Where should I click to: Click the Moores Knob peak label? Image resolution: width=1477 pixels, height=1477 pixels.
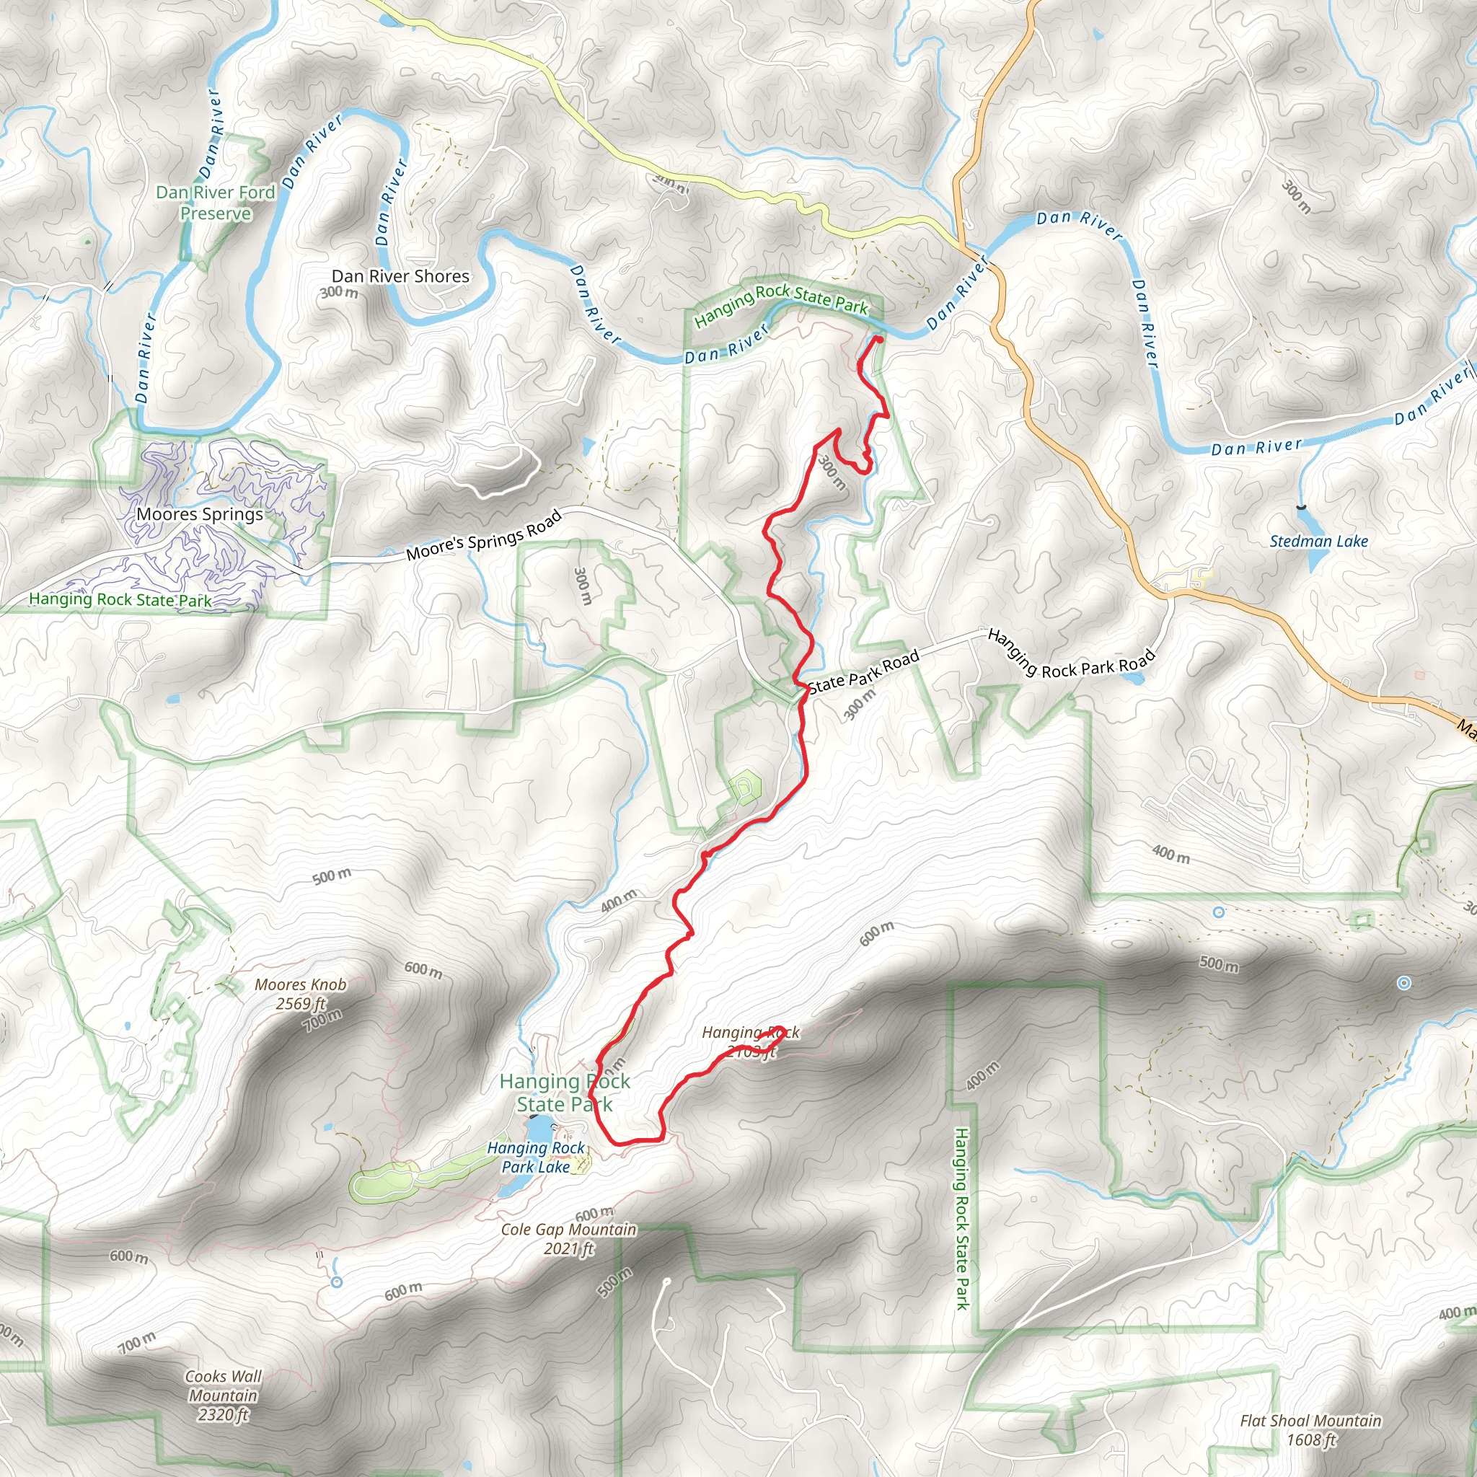pyautogui.click(x=301, y=984)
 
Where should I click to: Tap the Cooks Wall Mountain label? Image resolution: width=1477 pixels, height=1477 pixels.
pyautogui.click(x=224, y=1396)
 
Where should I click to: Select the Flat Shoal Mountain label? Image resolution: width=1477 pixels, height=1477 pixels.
pyautogui.click(x=1310, y=1421)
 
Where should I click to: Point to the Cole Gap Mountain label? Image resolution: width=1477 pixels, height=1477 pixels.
pyautogui.click(x=568, y=1230)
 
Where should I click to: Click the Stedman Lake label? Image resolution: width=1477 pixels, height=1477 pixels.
pyautogui.click(x=1319, y=542)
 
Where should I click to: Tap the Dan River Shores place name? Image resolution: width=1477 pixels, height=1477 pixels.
pyautogui.click(x=400, y=276)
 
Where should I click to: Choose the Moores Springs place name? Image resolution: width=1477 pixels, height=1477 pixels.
pyautogui.click(x=200, y=514)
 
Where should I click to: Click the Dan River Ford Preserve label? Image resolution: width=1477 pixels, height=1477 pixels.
pyautogui.click(x=216, y=203)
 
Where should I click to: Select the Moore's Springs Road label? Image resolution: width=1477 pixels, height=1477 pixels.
pyautogui.click(x=484, y=535)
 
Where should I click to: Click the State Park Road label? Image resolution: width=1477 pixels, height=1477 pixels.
pyautogui.click(x=863, y=672)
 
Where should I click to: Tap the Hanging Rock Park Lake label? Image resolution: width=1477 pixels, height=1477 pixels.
pyautogui.click(x=535, y=1157)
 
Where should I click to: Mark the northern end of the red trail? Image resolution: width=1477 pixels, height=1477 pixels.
pyautogui.click(x=878, y=339)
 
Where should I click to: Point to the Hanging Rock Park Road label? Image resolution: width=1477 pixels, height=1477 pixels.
pyautogui.click(x=1070, y=654)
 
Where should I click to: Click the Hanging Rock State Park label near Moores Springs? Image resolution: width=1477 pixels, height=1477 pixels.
pyautogui.click(x=120, y=599)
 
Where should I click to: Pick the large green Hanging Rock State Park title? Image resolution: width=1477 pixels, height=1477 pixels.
pyautogui.click(x=564, y=1092)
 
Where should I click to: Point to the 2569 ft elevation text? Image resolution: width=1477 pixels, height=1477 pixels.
pyautogui.click(x=301, y=1003)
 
